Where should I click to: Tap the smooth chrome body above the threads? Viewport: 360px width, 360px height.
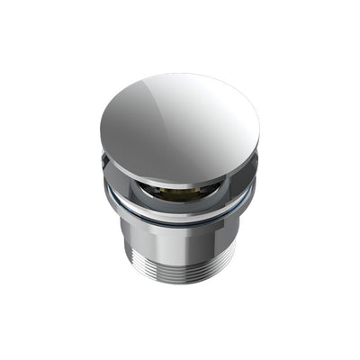point(180,238)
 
